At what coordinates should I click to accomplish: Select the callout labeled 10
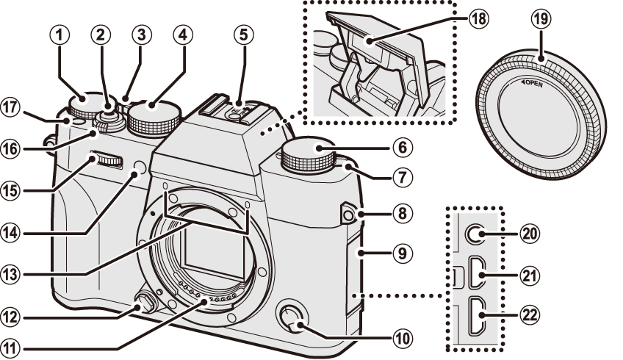coord(401,339)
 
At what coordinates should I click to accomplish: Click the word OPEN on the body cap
coord(533,84)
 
